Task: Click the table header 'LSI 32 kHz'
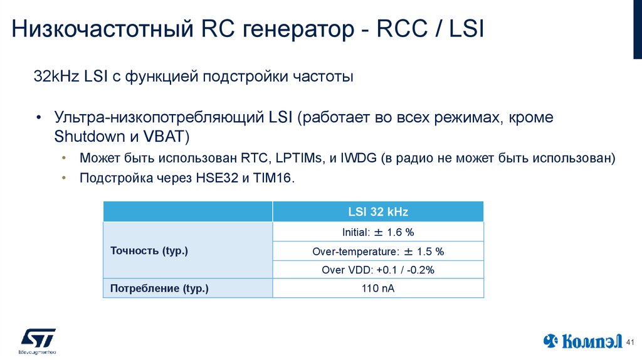click(x=378, y=212)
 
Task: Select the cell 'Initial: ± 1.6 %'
click(x=378, y=232)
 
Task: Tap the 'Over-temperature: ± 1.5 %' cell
click(x=378, y=251)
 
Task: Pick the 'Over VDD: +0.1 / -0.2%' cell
click(x=378, y=270)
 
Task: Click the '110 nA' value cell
click(x=378, y=289)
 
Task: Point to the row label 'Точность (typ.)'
click(x=149, y=251)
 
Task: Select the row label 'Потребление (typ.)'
click(x=159, y=289)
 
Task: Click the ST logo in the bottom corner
click(x=38, y=340)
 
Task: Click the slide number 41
click(x=631, y=342)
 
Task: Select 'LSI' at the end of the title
click(x=466, y=30)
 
